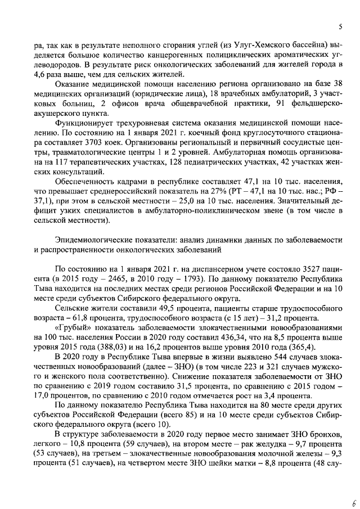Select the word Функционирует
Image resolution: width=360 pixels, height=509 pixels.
(x=83, y=125)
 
